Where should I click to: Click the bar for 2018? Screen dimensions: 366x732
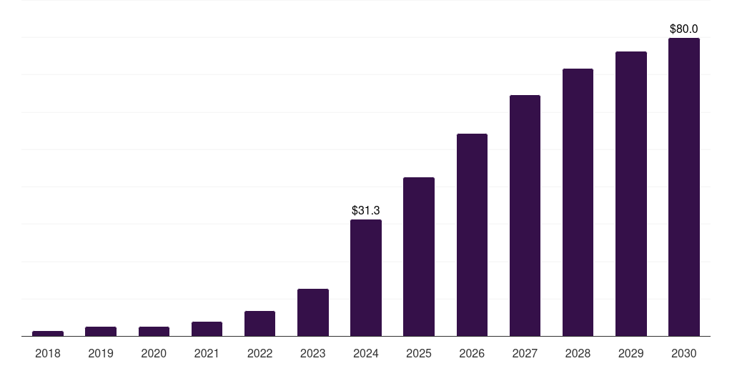point(48,333)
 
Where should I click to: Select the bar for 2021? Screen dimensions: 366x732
point(207,329)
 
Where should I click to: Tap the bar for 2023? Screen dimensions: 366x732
point(313,312)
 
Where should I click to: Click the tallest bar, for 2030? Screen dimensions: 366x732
point(683,187)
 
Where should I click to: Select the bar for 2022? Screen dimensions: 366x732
point(259,323)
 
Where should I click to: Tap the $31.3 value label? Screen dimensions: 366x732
point(366,211)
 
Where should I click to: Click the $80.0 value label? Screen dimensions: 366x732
point(683,29)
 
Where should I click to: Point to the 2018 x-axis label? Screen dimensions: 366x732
point(48,353)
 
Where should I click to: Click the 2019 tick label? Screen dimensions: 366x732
point(101,353)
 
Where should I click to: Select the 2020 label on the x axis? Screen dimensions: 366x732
point(154,353)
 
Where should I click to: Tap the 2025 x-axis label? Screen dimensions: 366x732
point(419,353)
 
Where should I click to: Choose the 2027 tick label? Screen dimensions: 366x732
point(525,353)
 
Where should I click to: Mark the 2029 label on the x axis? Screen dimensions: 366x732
point(630,353)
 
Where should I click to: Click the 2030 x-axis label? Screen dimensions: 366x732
point(683,353)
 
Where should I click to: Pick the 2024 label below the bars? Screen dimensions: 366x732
point(366,353)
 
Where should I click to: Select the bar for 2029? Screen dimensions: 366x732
point(630,194)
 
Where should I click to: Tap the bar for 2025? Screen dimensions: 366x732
point(419,257)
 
